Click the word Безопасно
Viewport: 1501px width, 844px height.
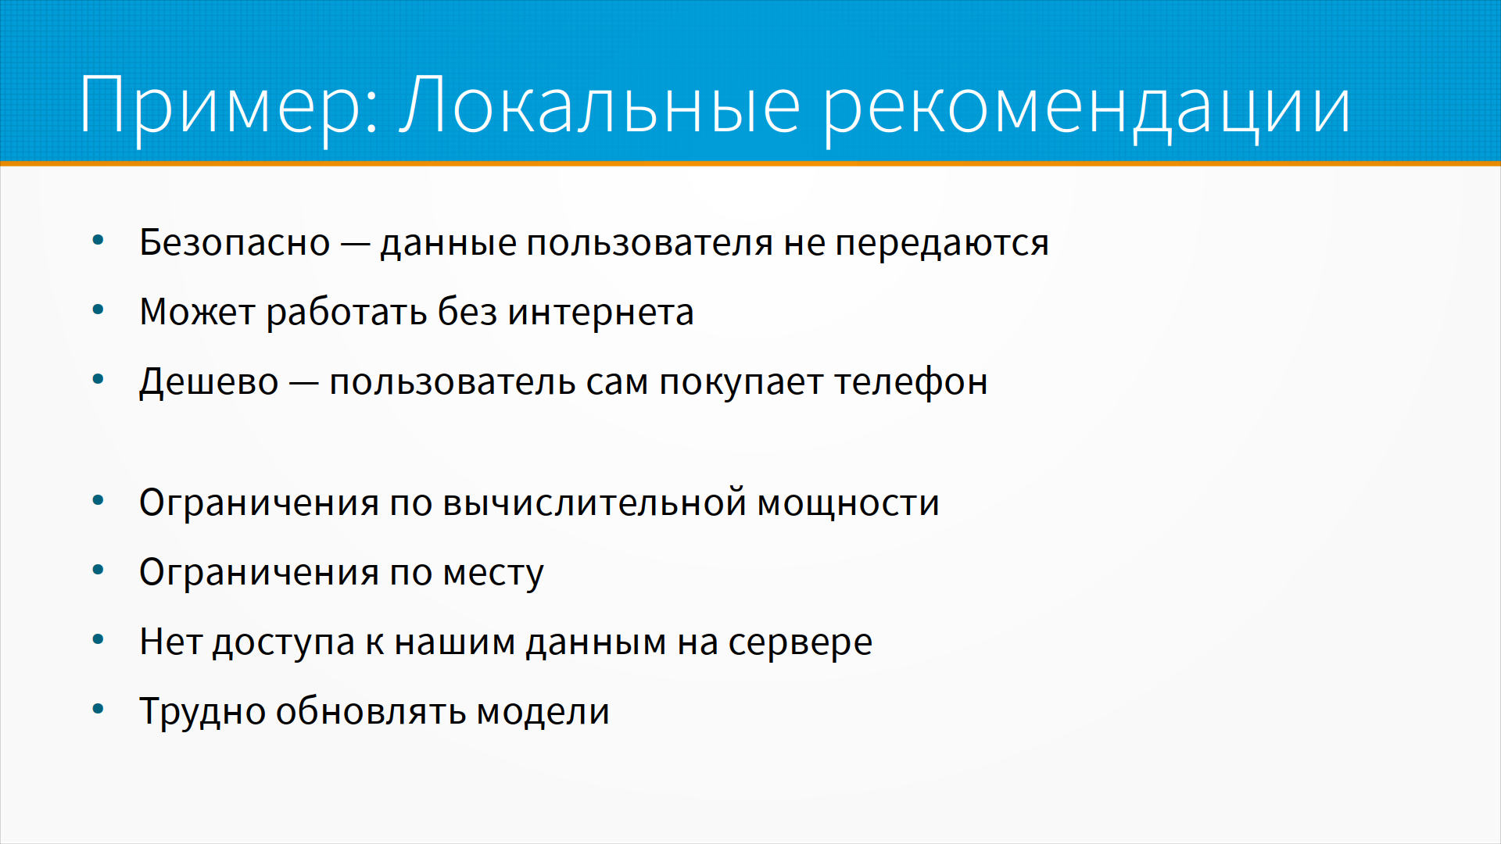[235, 242]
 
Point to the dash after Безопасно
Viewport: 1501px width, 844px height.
[355, 245]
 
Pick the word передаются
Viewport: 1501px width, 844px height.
[942, 244]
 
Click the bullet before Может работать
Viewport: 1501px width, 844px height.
[98, 310]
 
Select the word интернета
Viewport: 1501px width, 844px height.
[600, 313]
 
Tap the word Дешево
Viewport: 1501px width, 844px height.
[209, 383]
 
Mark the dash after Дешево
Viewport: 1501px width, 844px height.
[304, 384]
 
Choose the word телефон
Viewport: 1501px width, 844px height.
[911, 383]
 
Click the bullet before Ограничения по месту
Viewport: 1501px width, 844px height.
[98, 570]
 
